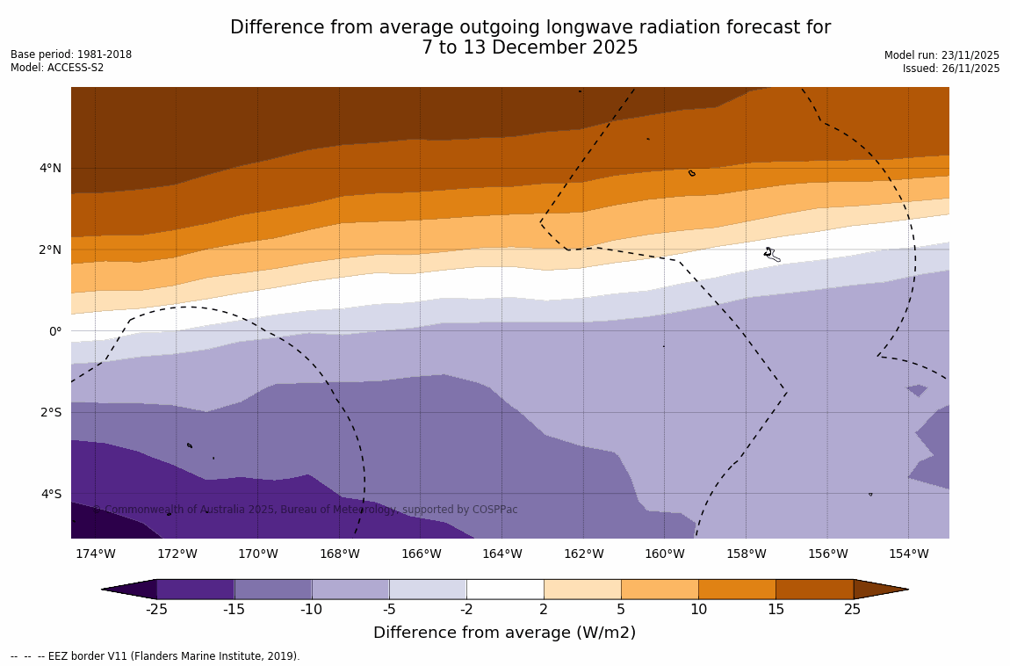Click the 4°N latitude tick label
(x=49, y=168)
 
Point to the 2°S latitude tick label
(x=49, y=412)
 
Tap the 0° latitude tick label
(x=55, y=331)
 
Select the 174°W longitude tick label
(x=95, y=554)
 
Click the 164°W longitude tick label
(x=501, y=554)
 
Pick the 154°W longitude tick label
(x=908, y=554)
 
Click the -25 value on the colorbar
(x=156, y=610)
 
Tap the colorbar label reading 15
(x=776, y=610)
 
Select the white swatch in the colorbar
(x=505, y=589)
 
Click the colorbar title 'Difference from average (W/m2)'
(x=504, y=633)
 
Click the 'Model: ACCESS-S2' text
(x=57, y=68)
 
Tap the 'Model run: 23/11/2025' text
(x=941, y=55)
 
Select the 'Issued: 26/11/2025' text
(x=951, y=69)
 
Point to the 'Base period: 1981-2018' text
(x=71, y=54)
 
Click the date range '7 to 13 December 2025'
(x=530, y=48)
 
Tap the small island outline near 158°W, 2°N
(x=770, y=254)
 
